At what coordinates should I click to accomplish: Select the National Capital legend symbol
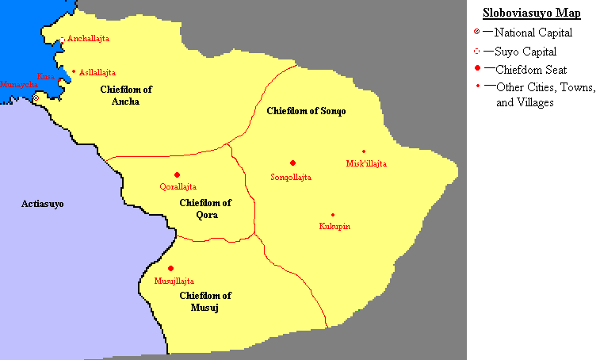[477, 33]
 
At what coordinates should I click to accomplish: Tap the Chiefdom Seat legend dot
[477, 70]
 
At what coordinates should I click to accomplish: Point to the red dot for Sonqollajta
[292, 163]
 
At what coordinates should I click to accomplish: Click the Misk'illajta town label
[366, 163]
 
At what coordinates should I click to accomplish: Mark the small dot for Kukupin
[333, 215]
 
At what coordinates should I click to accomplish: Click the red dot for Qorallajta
[177, 175]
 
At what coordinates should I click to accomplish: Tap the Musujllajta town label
[174, 281]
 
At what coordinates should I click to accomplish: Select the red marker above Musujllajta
[170, 269]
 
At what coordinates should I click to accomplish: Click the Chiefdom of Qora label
[205, 209]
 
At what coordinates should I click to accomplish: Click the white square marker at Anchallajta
[63, 39]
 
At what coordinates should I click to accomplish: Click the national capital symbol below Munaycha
[36, 98]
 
